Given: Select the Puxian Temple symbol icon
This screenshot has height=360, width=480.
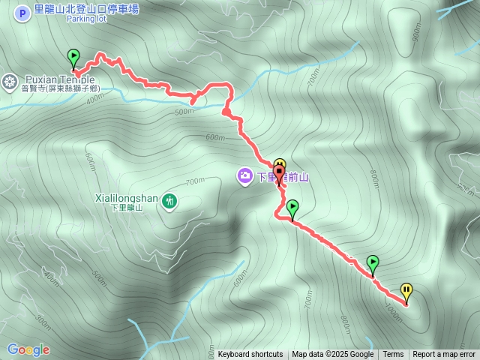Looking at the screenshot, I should (x=10, y=79).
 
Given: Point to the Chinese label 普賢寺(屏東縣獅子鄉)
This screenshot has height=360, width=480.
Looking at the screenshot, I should (x=61, y=88).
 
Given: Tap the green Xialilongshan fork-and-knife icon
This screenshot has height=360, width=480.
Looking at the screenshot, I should (x=170, y=200).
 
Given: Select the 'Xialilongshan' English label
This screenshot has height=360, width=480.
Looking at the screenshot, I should (x=127, y=198).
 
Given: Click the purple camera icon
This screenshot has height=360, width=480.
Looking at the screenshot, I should (x=244, y=176).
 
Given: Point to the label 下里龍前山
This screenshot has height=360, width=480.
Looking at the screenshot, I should (x=283, y=178).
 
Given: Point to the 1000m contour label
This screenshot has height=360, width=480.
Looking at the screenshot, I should (x=393, y=309).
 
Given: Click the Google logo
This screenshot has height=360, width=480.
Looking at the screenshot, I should (x=28, y=349).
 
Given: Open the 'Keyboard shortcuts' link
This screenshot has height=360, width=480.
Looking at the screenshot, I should (x=250, y=355).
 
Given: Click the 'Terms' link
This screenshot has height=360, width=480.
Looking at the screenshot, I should (x=393, y=355).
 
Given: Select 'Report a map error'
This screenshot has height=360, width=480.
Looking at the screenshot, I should (x=444, y=355).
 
